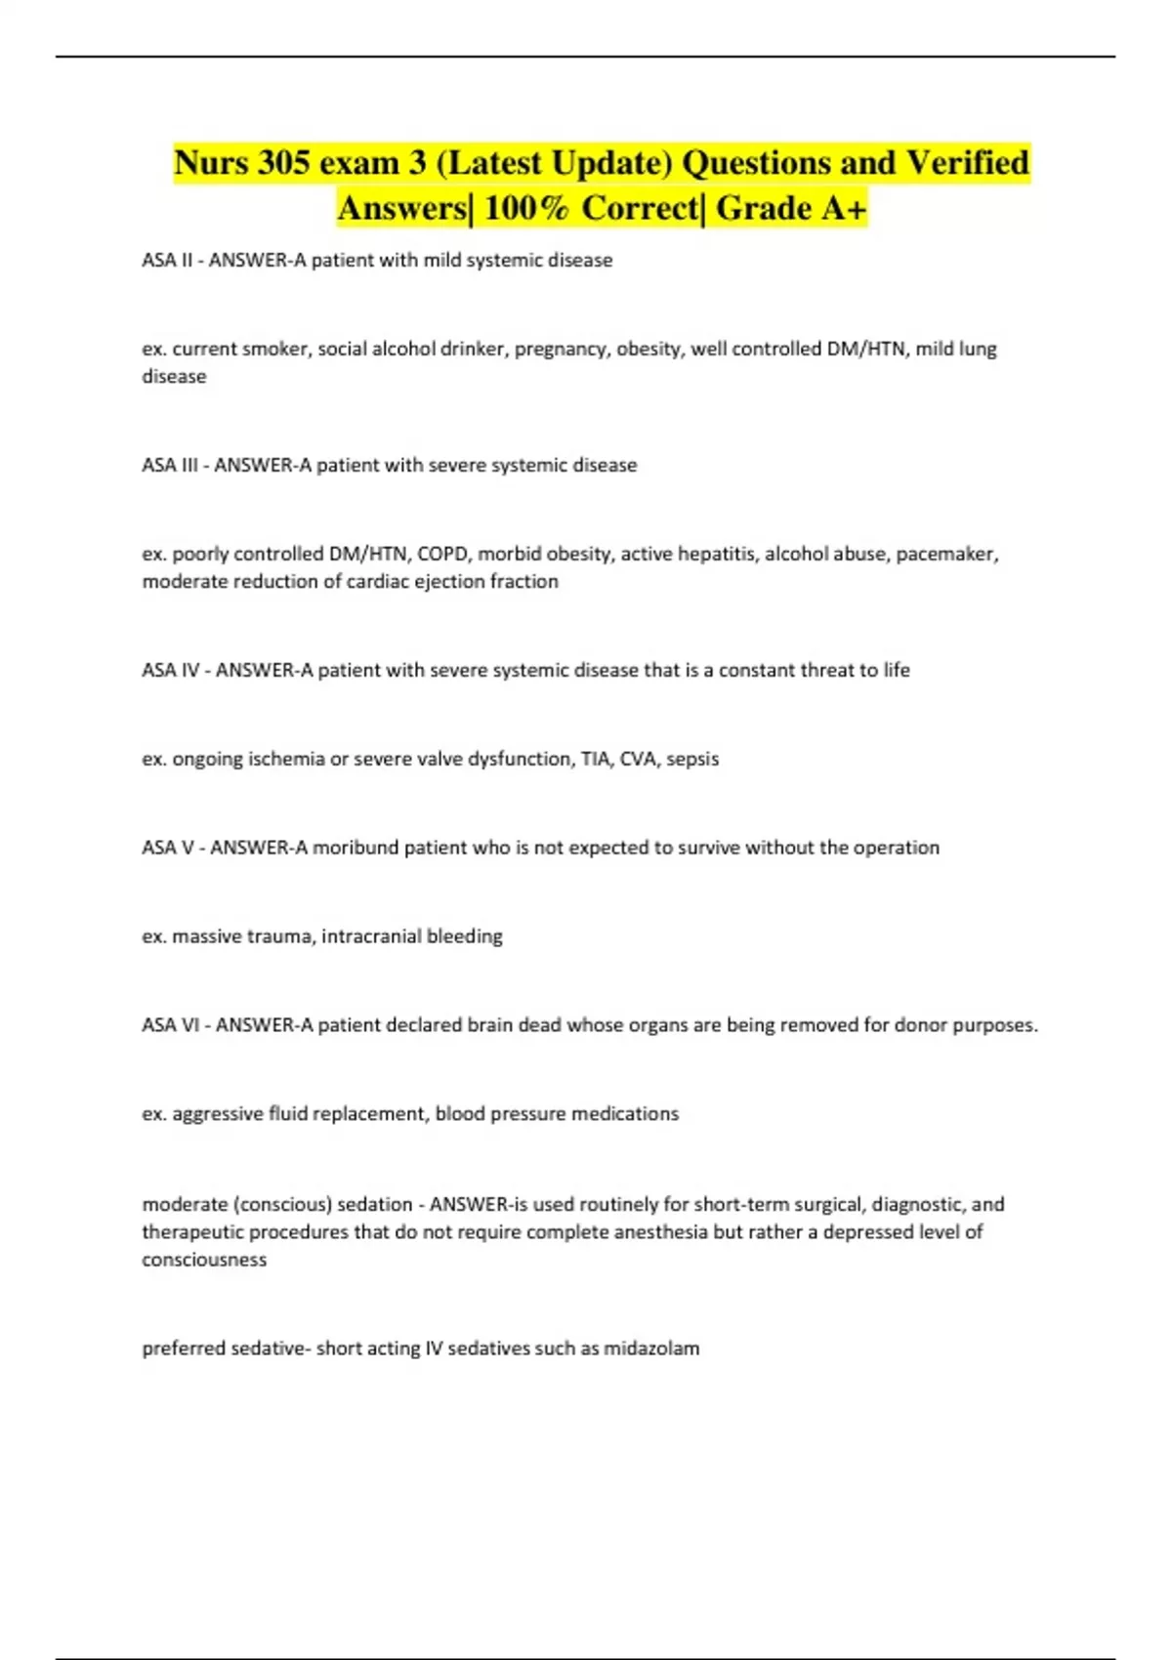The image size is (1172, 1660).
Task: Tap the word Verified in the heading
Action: (967, 162)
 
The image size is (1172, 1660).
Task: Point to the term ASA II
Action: (167, 261)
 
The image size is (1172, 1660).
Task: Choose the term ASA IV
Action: (171, 671)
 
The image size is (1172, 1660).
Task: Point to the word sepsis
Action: (692, 759)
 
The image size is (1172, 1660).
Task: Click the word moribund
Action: (356, 848)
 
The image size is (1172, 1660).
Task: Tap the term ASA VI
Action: (171, 1025)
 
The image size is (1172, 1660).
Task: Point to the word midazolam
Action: (651, 1349)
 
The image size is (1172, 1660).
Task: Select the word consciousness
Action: (204, 1260)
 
